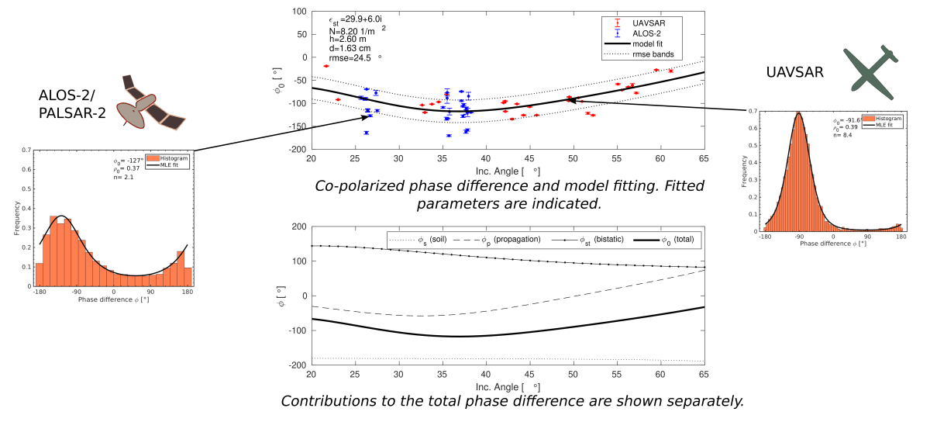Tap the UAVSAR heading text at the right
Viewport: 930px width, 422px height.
tap(794, 71)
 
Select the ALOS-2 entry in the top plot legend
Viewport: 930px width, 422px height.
tap(646, 33)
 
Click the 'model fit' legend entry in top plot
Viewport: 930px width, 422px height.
tap(649, 44)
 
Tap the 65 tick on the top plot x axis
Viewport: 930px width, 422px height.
tap(704, 158)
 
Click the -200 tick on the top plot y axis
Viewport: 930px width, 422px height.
tap(298, 149)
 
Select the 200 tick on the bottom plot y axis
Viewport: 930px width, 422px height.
tap(298, 227)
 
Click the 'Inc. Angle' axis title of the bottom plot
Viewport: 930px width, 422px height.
tap(504, 386)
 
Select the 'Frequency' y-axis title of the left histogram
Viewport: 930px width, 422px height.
tap(17, 220)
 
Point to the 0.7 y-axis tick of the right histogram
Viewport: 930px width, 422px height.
tap(753, 111)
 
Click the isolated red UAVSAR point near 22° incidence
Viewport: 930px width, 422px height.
tap(326, 67)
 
